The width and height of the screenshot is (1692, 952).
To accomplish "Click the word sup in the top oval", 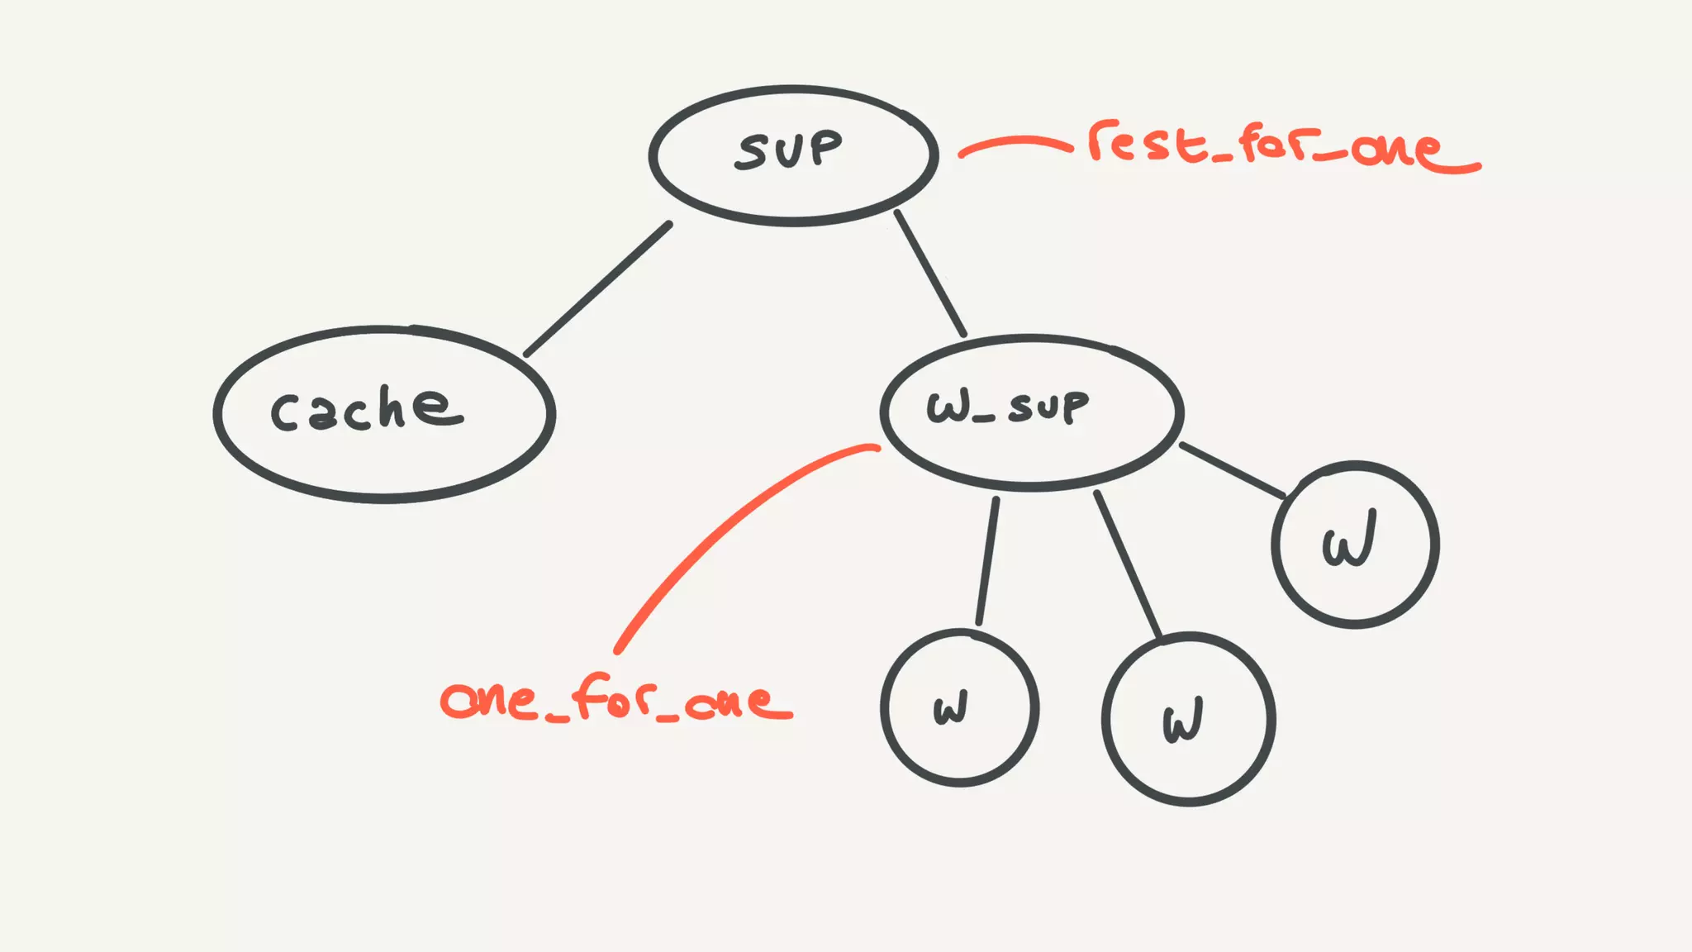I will click(789, 151).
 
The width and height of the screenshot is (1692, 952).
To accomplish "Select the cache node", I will click(384, 414).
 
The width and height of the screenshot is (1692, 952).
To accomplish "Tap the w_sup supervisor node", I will click(1031, 412).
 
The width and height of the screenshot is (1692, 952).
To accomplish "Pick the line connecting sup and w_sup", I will click(930, 274).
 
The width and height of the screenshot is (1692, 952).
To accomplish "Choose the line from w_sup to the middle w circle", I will click(1129, 565).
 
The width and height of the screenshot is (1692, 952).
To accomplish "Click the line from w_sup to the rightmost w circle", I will click(1232, 470).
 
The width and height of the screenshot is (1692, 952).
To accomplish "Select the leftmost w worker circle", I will click(959, 707).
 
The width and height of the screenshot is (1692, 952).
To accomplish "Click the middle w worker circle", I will click(1188, 719).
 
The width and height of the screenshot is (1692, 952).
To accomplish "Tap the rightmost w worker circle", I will click(1355, 545).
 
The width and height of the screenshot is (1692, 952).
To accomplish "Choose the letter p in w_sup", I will click(1074, 407).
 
